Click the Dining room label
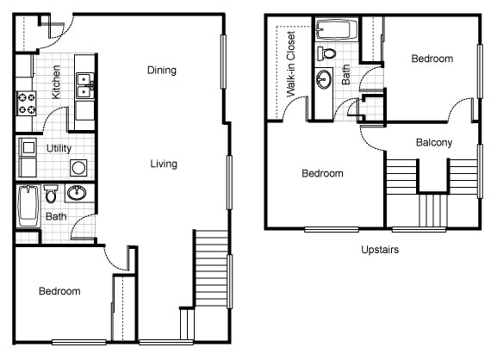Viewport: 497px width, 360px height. coord(162,70)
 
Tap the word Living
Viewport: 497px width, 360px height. coord(164,164)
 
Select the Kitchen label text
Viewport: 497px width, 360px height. coord(56,82)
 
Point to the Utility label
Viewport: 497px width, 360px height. coord(59,148)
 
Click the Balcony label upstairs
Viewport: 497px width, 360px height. coord(434,142)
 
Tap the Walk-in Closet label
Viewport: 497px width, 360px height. coord(290,64)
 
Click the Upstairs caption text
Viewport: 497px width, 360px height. coord(380,250)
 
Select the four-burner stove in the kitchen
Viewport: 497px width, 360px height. coord(27,103)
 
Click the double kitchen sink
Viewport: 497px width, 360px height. coord(85,86)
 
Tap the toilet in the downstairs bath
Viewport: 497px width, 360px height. coord(51,194)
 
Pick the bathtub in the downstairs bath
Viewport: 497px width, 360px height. coord(28,206)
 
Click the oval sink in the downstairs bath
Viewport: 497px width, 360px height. coord(77,192)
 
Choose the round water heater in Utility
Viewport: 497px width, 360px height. coord(78,168)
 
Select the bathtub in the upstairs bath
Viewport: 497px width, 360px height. coord(337,29)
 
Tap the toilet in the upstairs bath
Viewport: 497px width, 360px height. coord(326,53)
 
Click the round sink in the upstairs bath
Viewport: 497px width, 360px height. coord(324,79)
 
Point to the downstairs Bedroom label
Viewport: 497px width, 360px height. coord(59,291)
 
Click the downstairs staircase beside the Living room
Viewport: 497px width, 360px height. coord(211,269)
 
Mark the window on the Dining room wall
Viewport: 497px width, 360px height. coord(223,61)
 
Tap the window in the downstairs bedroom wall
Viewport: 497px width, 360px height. coord(79,342)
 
